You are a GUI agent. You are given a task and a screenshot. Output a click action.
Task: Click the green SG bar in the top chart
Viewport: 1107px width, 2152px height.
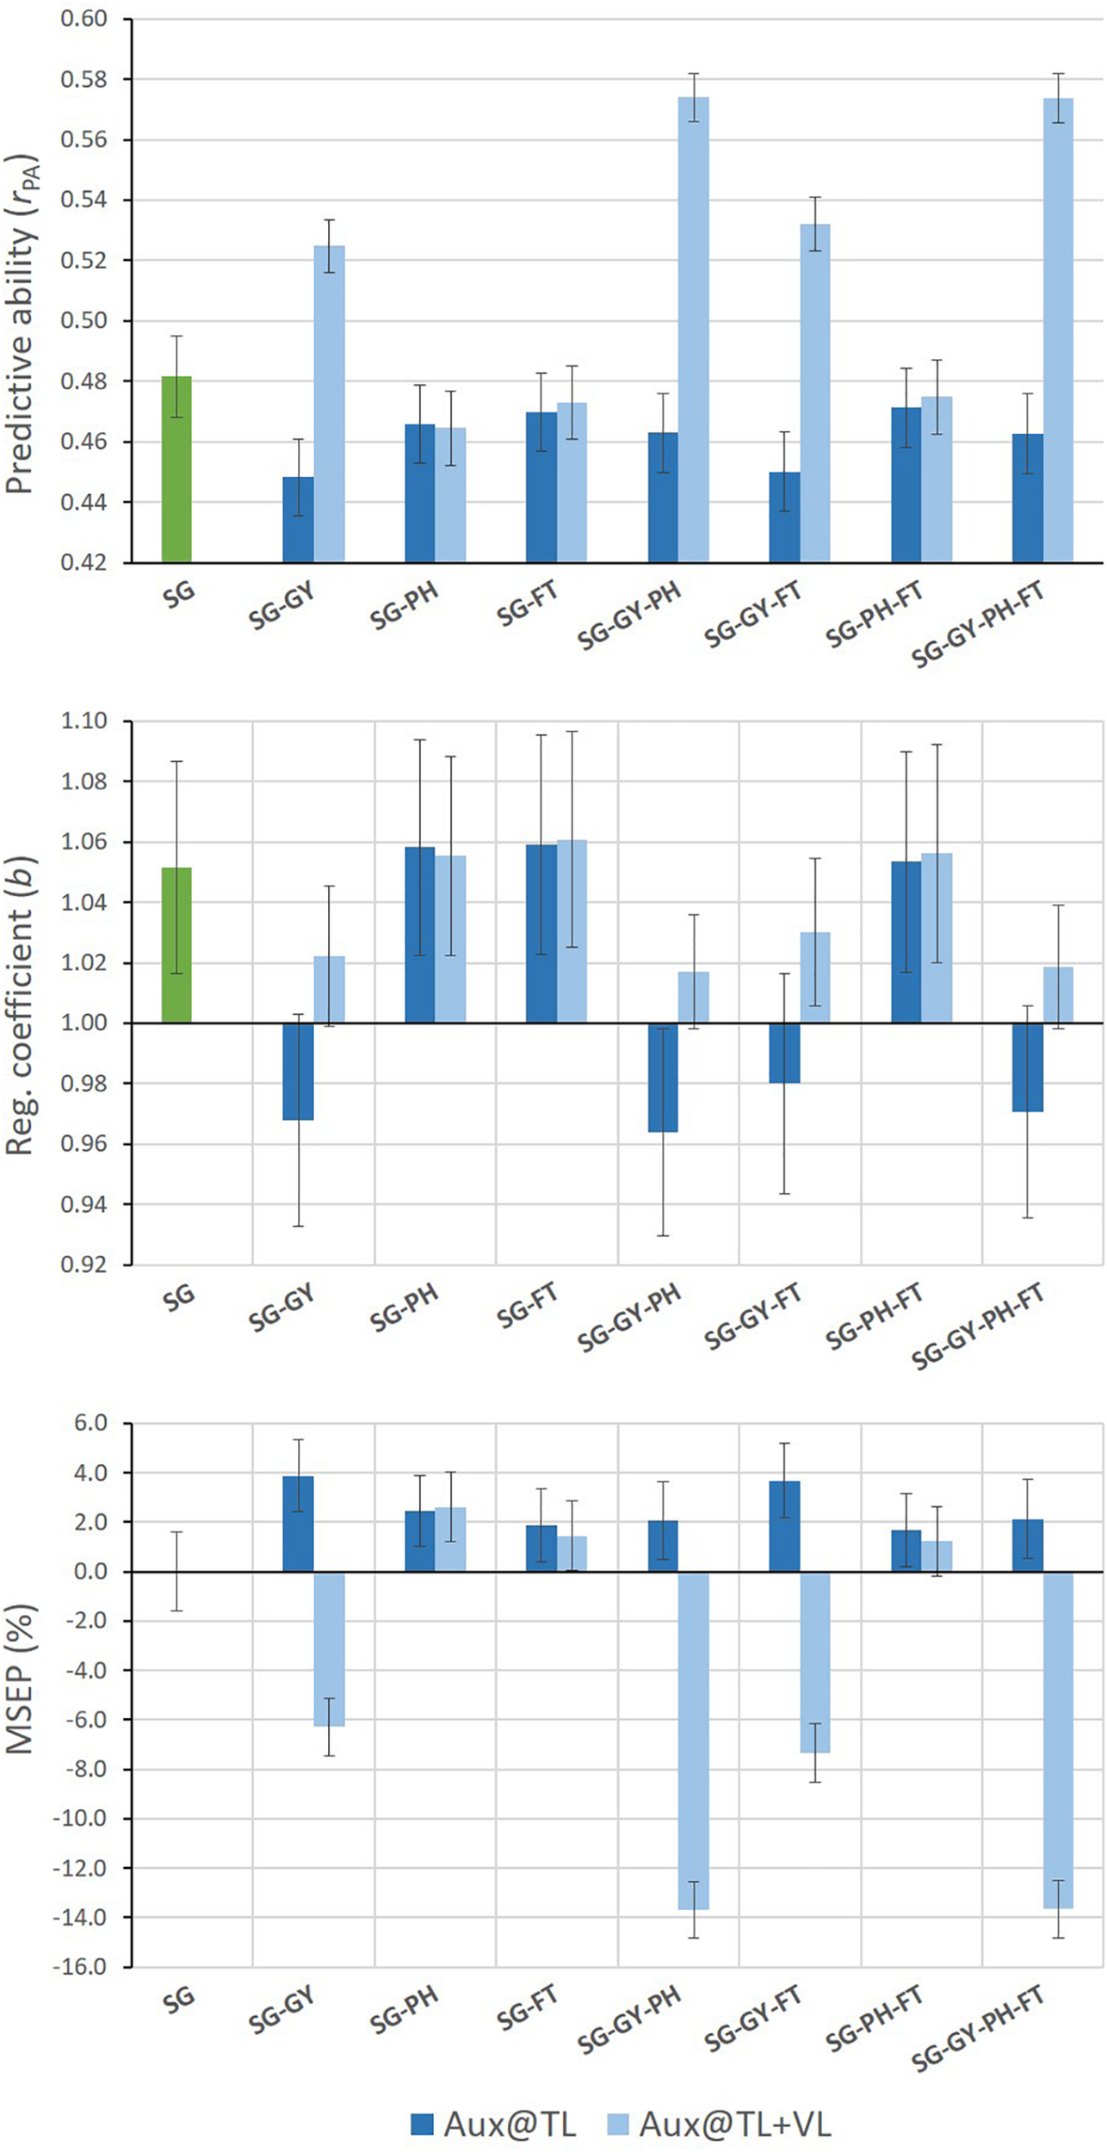click(176, 469)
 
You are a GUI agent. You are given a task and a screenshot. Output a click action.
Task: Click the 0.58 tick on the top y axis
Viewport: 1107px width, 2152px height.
click(83, 79)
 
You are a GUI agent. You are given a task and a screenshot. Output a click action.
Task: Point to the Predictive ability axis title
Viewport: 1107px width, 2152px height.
click(21, 324)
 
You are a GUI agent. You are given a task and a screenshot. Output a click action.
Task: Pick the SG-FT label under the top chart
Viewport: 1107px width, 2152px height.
click(528, 604)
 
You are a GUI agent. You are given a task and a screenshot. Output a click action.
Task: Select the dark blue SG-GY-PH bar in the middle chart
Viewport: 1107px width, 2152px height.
click(663, 1077)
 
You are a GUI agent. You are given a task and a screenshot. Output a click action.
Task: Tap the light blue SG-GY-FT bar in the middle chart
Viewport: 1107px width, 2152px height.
click(815, 978)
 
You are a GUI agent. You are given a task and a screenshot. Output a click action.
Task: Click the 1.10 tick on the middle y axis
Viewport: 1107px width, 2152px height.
click(83, 721)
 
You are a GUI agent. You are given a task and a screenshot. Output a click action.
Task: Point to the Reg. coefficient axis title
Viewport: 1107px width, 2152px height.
click(21, 1005)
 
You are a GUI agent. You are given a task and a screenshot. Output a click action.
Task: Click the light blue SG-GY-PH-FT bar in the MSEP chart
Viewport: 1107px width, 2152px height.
click(1058, 1739)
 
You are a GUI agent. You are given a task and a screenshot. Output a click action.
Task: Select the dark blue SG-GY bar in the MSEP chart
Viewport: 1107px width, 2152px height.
click(298, 1524)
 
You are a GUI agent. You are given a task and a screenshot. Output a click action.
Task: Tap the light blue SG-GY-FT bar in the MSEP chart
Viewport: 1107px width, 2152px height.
click(815, 1661)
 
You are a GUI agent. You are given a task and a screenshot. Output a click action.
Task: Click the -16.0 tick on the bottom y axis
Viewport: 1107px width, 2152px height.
click(79, 1967)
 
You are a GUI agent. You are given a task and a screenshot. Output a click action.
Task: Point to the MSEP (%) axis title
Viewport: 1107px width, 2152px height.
click(21, 1678)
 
